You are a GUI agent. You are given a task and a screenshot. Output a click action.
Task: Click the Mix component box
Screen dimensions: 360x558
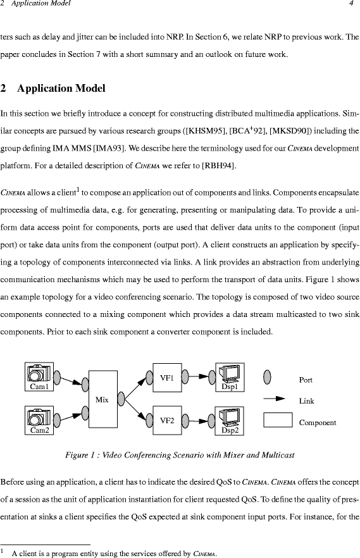pos(102,399)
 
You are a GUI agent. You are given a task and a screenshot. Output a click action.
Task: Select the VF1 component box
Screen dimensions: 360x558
pos(167,378)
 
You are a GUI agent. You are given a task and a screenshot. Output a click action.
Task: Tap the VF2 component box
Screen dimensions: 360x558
pos(167,420)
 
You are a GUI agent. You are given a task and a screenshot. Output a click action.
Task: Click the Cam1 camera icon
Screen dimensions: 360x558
pos(39,373)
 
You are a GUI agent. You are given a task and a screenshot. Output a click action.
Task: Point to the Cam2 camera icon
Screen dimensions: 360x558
pos(39,416)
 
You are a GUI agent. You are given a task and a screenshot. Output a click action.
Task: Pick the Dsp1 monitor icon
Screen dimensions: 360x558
pos(230,374)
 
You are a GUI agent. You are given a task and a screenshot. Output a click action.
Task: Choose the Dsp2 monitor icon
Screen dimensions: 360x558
pos(230,417)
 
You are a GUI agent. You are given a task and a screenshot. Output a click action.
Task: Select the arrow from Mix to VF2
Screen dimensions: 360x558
pos(135,410)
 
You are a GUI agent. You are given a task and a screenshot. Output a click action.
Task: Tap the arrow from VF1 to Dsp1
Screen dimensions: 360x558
pos(199,376)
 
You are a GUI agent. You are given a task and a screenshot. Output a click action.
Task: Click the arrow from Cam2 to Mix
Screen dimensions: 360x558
pos(71,417)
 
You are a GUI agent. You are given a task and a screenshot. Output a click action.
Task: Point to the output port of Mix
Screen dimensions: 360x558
pos(121,399)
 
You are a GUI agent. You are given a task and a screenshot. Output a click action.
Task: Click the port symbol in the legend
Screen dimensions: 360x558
pos(267,377)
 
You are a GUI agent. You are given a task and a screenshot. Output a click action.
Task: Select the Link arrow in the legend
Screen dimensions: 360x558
pos(274,399)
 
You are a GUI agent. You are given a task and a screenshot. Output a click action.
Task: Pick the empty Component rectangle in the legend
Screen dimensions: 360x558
pos(278,420)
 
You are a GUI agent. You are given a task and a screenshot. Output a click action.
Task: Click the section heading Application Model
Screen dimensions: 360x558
pos(61,89)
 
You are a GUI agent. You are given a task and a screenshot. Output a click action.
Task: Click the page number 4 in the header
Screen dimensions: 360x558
pos(352,4)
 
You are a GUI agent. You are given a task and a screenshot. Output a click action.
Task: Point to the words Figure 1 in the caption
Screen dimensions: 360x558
pos(78,455)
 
